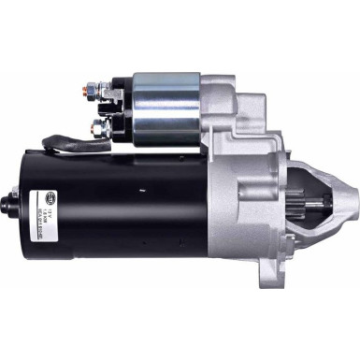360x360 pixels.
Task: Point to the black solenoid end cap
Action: tap(120, 106)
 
